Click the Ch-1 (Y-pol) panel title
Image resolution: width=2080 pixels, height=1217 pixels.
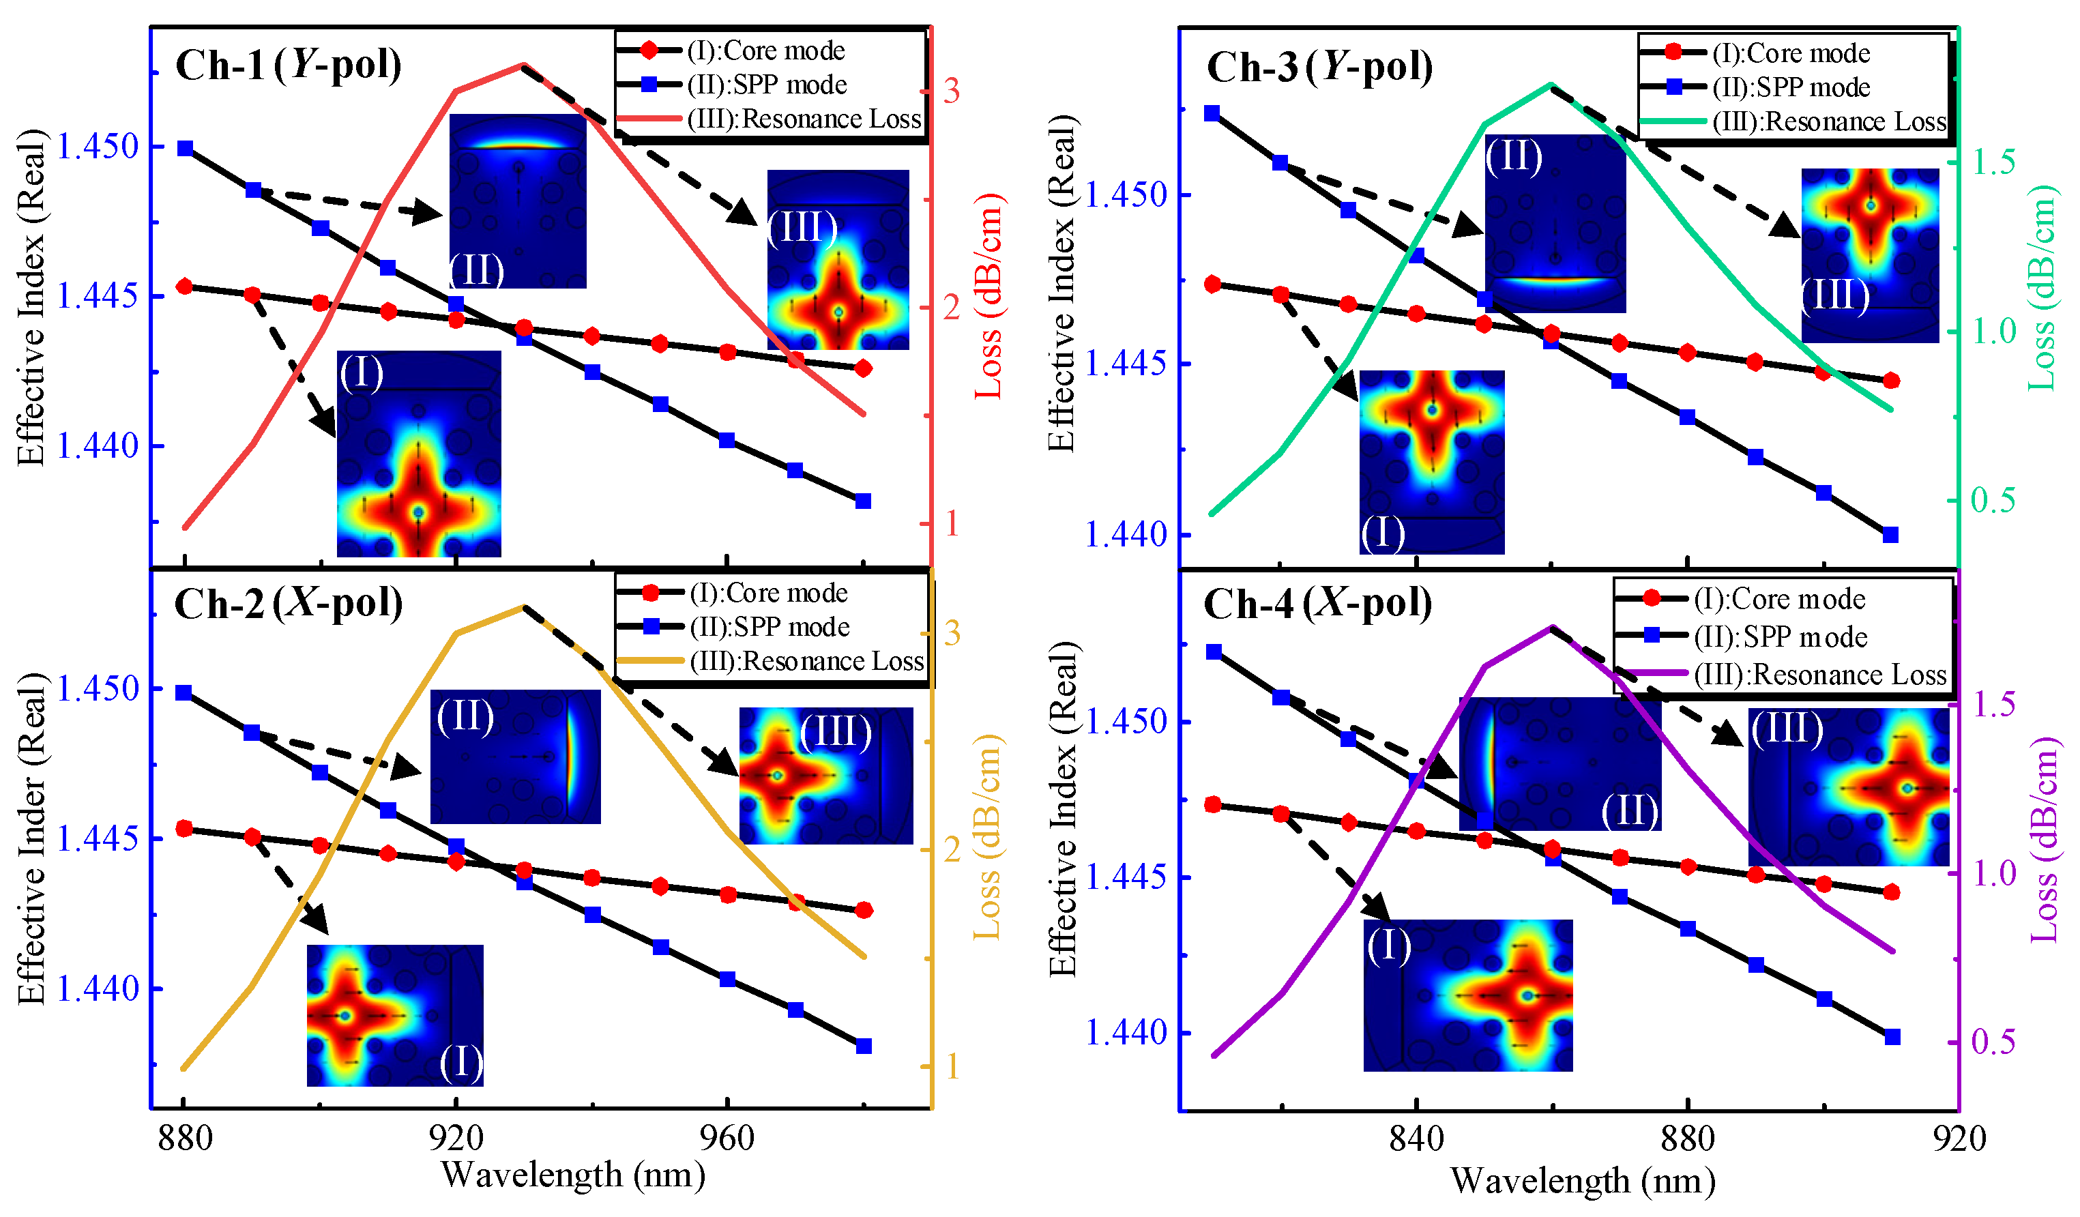(x=288, y=64)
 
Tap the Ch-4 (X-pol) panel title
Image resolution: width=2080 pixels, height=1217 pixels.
(x=1317, y=604)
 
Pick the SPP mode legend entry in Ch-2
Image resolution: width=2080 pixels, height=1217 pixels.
(x=768, y=628)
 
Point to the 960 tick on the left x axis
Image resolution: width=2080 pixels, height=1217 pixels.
(x=727, y=1139)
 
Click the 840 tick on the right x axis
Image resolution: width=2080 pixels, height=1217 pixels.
(x=1416, y=1139)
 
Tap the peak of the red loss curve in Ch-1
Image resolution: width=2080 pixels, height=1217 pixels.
(x=523, y=64)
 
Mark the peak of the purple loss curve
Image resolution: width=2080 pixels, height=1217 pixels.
(x=1552, y=628)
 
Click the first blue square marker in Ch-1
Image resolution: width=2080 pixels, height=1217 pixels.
(x=185, y=149)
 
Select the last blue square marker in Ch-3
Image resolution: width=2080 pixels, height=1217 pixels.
(x=1890, y=535)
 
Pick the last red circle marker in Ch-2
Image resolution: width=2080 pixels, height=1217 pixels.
(x=864, y=910)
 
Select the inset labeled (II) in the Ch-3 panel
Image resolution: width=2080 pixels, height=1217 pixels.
(x=1554, y=223)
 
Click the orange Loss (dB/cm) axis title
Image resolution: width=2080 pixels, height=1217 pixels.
(x=987, y=836)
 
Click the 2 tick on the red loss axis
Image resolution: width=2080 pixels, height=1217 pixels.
(x=951, y=308)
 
